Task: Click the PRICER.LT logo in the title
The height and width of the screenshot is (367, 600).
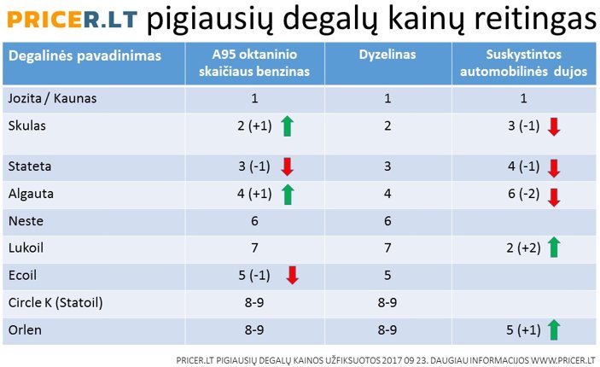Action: (x=72, y=19)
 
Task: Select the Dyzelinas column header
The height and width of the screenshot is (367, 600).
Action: (x=387, y=55)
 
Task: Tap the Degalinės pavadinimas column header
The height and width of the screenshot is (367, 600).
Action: (x=84, y=55)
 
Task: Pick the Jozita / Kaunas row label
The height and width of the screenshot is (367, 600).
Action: (x=52, y=98)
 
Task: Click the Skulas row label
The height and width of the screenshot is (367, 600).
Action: (x=26, y=125)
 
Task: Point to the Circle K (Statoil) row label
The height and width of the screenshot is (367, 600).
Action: (x=55, y=303)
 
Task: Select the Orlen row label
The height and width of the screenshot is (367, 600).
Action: (x=25, y=330)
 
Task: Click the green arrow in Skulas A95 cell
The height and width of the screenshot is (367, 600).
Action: (x=288, y=126)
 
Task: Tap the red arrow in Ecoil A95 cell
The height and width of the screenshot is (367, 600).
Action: (x=293, y=275)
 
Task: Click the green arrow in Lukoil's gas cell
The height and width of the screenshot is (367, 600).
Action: (x=554, y=247)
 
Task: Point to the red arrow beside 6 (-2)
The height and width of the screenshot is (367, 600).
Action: (x=554, y=197)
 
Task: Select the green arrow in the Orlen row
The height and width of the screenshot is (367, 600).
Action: (x=554, y=330)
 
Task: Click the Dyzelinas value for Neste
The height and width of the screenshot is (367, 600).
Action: (x=387, y=221)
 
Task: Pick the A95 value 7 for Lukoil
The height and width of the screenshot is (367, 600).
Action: (x=254, y=248)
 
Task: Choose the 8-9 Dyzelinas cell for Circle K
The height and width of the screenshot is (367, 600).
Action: (x=387, y=303)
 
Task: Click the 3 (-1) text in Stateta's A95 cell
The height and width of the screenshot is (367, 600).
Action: (x=254, y=166)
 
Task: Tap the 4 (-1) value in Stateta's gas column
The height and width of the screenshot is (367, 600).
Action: (x=523, y=166)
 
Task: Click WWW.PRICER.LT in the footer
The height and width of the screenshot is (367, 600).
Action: (x=563, y=360)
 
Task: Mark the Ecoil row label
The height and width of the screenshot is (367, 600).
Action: (x=22, y=275)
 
